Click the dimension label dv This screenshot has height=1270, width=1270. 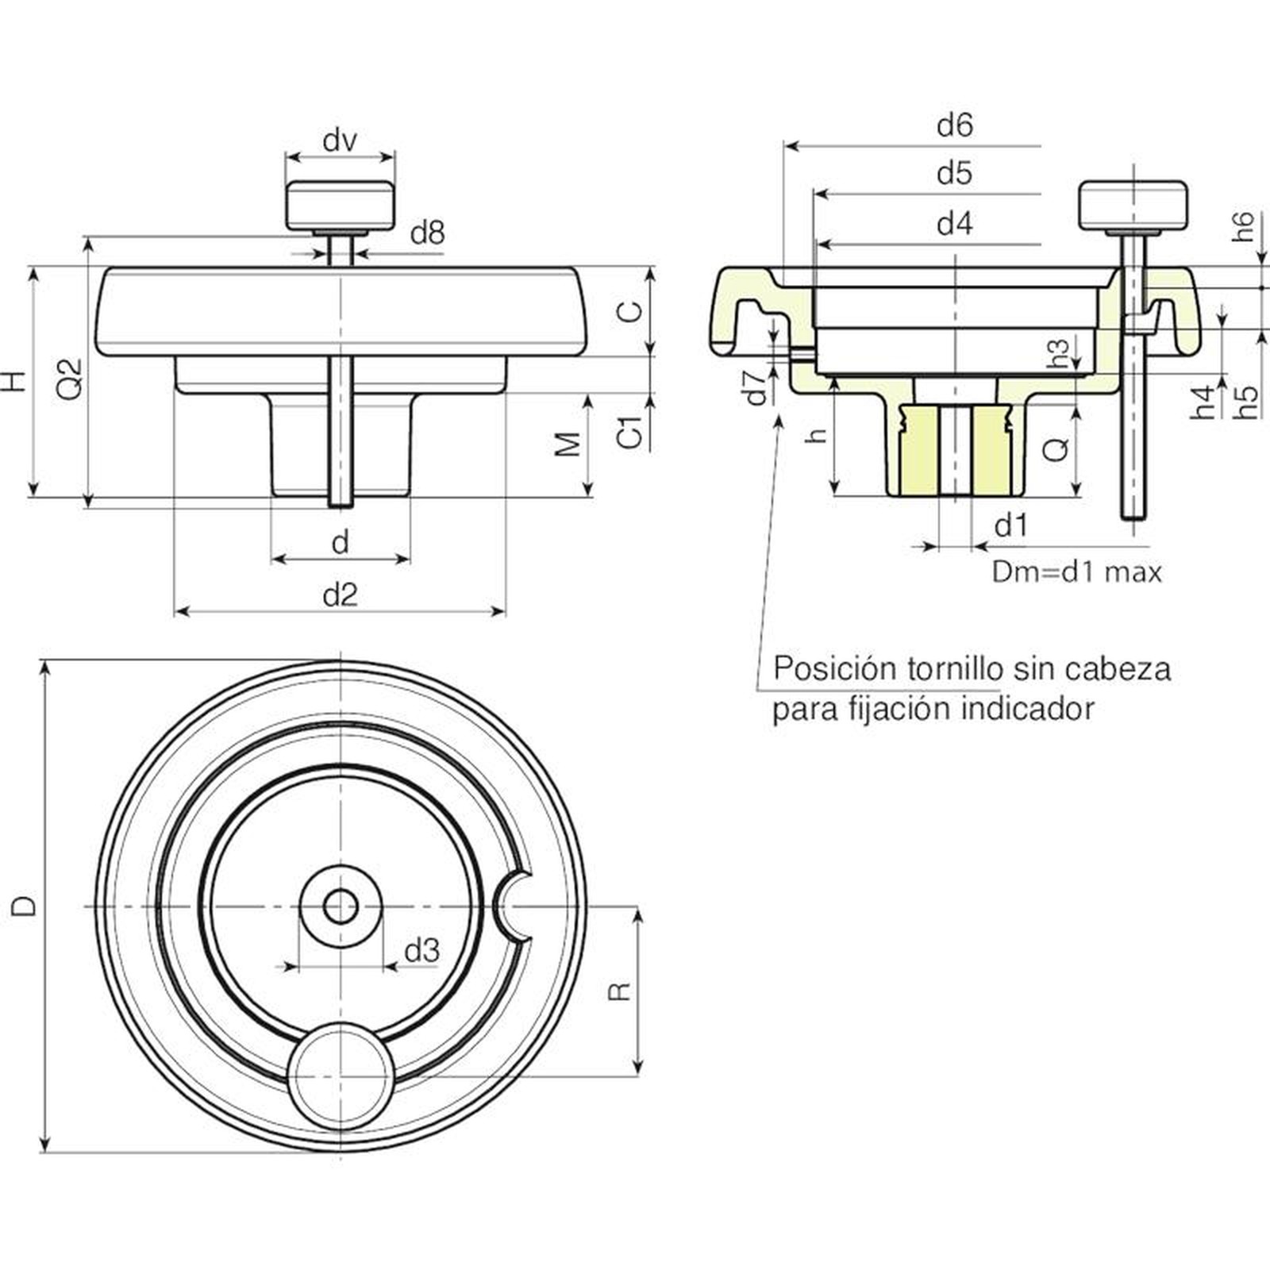click(340, 141)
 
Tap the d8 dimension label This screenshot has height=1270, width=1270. click(427, 233)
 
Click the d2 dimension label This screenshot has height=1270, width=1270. click(340, 594)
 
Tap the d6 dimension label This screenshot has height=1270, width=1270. click(954, 125)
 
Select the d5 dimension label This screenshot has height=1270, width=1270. click(954, 173)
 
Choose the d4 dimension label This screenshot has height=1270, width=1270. click(954, 224)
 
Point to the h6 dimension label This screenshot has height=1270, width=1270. click(1244, 226)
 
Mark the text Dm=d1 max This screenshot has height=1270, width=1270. click(1076, 572)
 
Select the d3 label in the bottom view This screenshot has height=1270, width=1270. click(421, 950)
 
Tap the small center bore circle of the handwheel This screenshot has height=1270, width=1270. click(341, 906)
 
